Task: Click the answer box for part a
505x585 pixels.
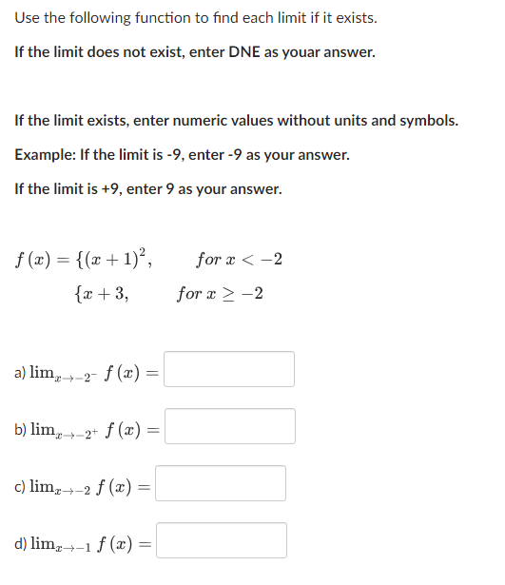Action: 228,369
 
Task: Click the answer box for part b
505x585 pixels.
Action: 228,426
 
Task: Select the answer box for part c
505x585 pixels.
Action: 220,483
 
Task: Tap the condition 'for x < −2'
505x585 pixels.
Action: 239,260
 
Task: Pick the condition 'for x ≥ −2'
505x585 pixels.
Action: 221,294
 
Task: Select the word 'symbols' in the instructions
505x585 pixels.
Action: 428,121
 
